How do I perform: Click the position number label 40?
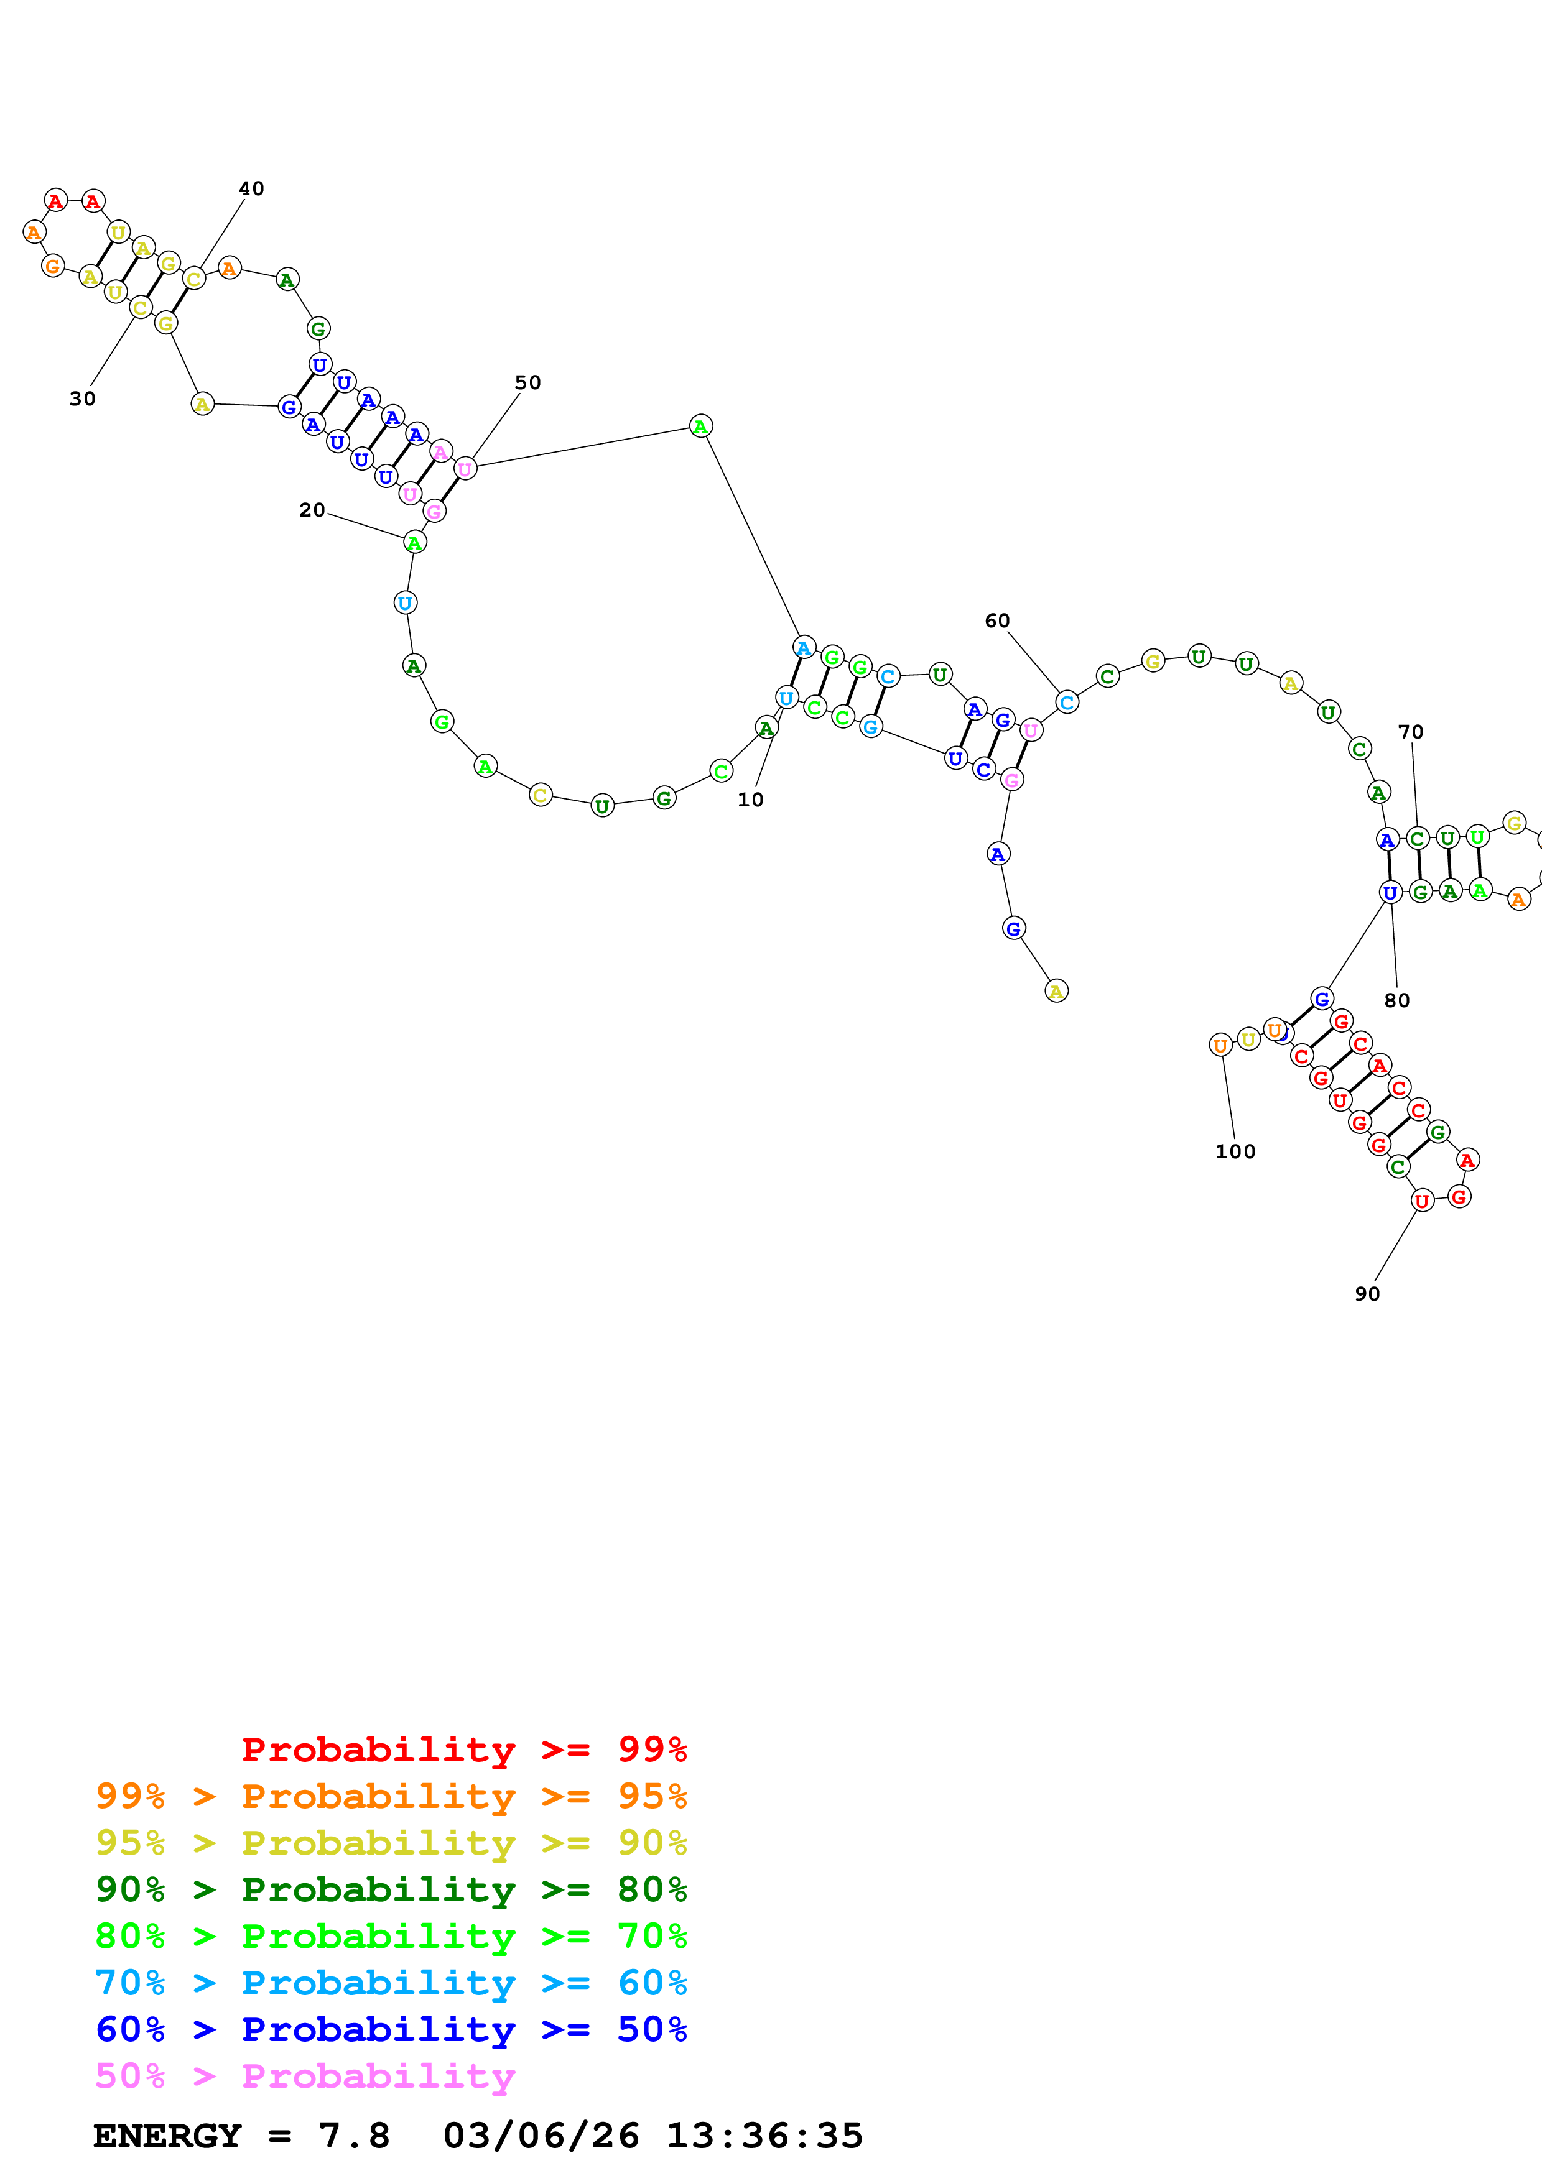tap(251, 189)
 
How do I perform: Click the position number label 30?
tap(83, 399)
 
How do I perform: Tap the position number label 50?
tap(527, 383)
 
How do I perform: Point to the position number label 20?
tap(312, 510)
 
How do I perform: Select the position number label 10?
tap(751, 800)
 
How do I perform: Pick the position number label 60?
tap(996, 621)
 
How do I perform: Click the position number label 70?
tap(1410, 732)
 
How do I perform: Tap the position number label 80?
tap(1396, 1000)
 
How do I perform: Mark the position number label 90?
tap(1367, 1294)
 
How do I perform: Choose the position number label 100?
tap(1235, 1151)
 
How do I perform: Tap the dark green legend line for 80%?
tap(391, 1889)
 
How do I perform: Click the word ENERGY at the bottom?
tap(166, 2136)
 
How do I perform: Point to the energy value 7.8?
tap(353, 2136)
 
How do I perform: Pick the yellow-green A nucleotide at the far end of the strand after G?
tap(1056, 991)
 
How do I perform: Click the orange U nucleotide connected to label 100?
tap(1220, 1045)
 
